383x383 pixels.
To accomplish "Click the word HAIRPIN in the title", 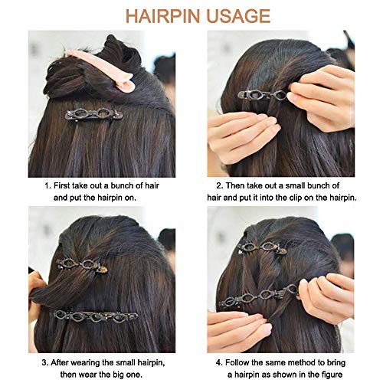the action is click(162, 16).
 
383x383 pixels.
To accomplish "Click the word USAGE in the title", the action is click(238, 16).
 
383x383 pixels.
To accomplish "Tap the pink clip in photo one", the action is click(101, 70).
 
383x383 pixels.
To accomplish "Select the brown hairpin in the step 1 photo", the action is click(93, 114).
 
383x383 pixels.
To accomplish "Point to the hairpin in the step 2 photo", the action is click(263, 95).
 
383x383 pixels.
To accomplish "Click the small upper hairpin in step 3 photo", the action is click(82, 265).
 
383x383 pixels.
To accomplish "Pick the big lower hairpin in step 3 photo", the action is click(95, 316).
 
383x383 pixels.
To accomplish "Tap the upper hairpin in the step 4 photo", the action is click(262, 248).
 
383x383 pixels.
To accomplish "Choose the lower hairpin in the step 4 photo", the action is click(259, 296).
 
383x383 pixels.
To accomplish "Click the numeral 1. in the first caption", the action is click(47, 185).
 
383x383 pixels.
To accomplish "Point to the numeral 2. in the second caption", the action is click(220, 185).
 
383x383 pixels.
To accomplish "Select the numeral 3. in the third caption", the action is click(45, 362).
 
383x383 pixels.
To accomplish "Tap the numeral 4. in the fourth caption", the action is click(219, 362).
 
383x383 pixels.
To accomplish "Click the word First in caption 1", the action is click(62, 185).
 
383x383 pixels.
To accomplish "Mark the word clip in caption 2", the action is click(296, 198).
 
